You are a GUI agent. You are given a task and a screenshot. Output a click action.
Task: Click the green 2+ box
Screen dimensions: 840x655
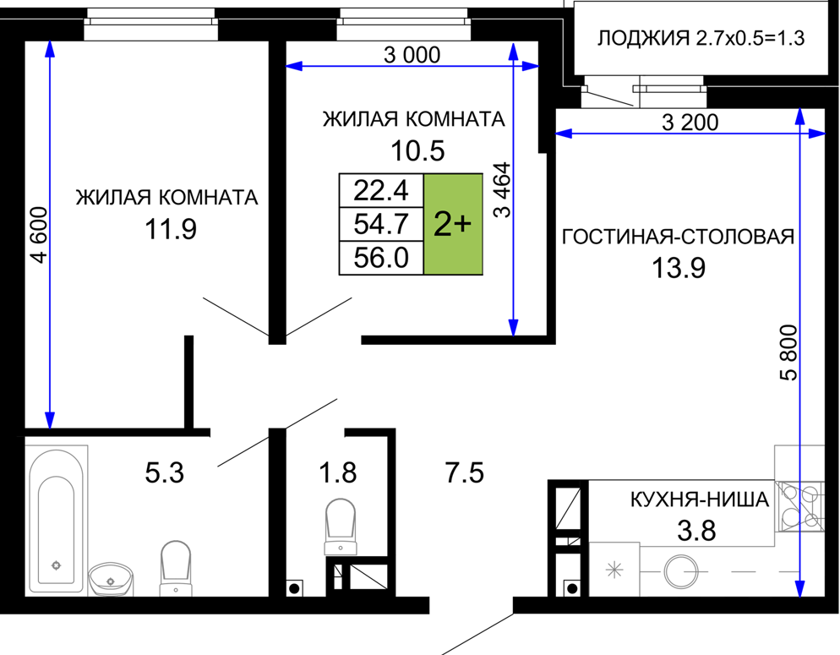pyautogui.click(x=453, y=224)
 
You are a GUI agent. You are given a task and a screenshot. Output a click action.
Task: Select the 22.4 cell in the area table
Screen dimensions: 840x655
pyautogui.click(x=381, y=190)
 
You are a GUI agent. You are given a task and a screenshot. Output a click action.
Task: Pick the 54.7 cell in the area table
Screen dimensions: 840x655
pyautogui.click(x=381, y=224)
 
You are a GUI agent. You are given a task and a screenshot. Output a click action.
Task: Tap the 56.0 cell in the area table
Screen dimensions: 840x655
pyautogui.click(x=381, y=258)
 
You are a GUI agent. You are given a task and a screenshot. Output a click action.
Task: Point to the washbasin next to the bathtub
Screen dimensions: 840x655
pyautogui.click(x=111, y=578)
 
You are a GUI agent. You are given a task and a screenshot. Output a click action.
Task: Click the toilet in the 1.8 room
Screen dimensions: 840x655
pyautogui.click(x=341, y=527)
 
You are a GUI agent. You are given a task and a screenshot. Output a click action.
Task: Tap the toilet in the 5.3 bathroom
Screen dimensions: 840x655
pyautogui.click(x=176, y=568)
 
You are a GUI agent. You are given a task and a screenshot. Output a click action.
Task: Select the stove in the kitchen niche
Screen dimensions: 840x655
pyautogui.click(x=800, y=506)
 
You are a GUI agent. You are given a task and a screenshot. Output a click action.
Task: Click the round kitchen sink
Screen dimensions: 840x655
pyautogui.click(x=681, y=571)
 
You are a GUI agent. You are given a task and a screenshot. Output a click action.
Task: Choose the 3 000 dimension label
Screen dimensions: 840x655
pyautogui.click(x=412, y=55)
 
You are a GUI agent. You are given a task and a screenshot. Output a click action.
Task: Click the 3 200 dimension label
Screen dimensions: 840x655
pyautogui.click(x=690, y=123)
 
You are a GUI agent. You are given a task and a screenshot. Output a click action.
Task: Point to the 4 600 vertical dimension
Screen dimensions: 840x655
pyautogui.click(x=40, y=235)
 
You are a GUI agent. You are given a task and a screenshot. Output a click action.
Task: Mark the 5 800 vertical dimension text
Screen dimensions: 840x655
pyautogui.click(x=788, y=352)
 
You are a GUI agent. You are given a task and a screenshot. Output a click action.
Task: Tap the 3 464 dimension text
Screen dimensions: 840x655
pyautogui.click(x=503, y=189)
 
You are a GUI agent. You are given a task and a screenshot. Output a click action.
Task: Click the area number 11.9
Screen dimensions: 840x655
pyautogui.click(x=171, y=229)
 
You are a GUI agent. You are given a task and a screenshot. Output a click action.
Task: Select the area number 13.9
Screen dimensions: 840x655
pyautogui.click(x=679, y=268)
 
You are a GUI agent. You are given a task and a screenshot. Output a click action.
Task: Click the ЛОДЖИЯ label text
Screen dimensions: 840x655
pyautogui.click(x=643, y=39)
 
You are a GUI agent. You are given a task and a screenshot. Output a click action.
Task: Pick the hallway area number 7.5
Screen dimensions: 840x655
pyautogui.click(x=465, y=473)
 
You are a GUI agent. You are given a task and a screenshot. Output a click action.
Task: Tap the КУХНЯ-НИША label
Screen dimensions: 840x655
pyautogui.click(x=700, y=499)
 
